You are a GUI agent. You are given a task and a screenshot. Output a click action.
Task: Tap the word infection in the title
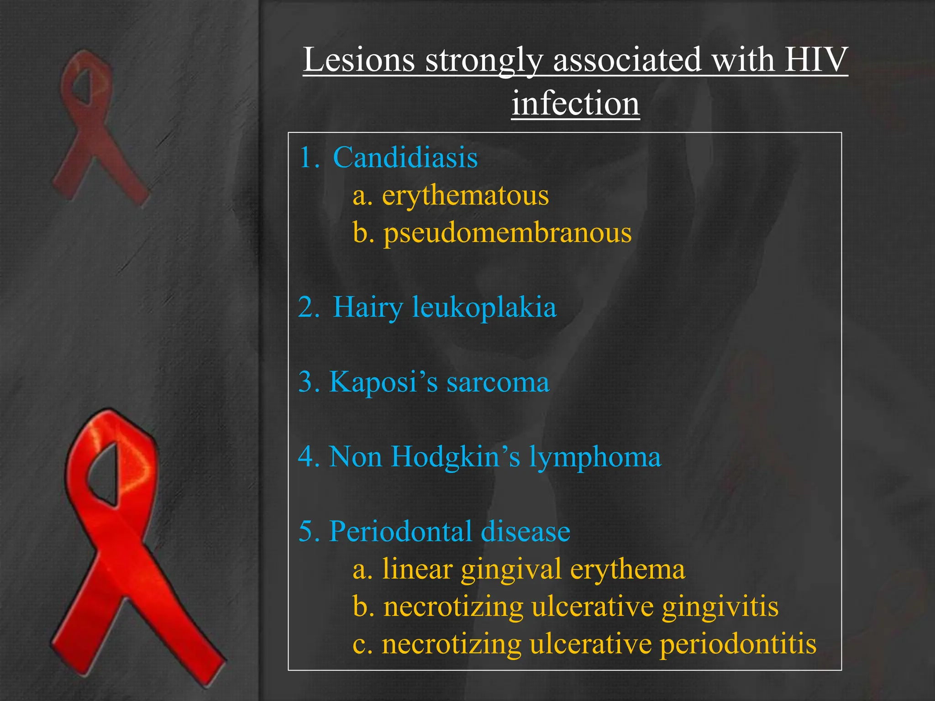pyautogui.click(x=575, y=104)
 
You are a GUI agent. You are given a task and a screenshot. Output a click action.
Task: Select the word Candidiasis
pyautogui.click(x=405, y=157)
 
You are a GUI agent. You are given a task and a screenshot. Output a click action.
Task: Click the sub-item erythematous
pyautogui.click(x=465, y=195)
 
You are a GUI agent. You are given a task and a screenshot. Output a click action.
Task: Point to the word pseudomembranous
pyautogui.click(x=507, y=233)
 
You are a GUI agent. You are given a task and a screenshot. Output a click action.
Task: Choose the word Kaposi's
pyautogui.click(x=383, y=382)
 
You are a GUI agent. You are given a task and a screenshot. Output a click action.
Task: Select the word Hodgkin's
pyautogui.click(x=455, y=456)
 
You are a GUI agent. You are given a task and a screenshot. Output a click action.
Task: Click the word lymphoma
pyautogui.click(x=595, y=457)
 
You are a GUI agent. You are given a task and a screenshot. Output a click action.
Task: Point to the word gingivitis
pyautogui.click(x=720, y=607)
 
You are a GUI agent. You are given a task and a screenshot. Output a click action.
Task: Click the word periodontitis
pyautogui.click(x=738, y=644)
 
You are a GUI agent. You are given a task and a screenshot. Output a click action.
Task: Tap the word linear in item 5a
pyautogui.click(x=417, y=569)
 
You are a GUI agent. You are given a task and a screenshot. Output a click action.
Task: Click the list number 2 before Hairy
pyautogui.click(x=308, y=307)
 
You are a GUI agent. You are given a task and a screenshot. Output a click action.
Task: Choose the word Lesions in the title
pyautogui.click(x=359, y=60)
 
